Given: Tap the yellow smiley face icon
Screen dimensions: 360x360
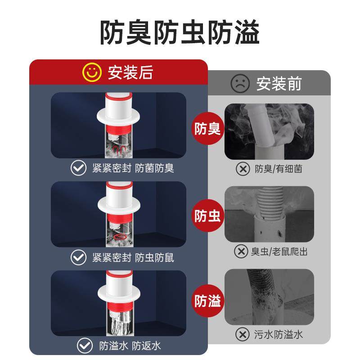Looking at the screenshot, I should [91, 72].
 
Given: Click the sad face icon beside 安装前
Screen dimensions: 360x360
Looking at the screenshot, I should [240, 83].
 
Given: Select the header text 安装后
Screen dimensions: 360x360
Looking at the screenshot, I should [130, 72].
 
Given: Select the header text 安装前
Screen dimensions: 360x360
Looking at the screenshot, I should [279, 84].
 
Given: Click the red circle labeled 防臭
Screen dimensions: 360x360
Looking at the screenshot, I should [207, 130].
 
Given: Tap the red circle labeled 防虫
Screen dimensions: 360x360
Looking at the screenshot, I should [207, 216].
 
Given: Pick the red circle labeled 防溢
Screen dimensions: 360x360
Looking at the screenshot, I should [207, 301].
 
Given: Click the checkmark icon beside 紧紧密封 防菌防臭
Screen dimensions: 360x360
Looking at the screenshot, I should [79, 168].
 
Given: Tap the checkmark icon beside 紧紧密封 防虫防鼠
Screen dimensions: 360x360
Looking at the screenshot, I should [79, 257].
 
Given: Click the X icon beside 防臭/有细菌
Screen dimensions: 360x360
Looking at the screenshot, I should [243, 169].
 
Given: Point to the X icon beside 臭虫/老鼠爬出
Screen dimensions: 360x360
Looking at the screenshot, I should [241, 251].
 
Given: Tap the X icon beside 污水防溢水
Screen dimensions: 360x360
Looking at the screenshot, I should [243, 334].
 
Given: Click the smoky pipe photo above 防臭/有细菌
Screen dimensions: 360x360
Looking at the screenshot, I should [269, 131].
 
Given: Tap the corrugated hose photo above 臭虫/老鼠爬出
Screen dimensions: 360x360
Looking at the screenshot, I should [269, 214].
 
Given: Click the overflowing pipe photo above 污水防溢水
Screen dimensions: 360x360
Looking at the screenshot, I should [269, 297].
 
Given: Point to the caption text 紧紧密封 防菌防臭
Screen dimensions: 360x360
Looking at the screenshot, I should [133, 168].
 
